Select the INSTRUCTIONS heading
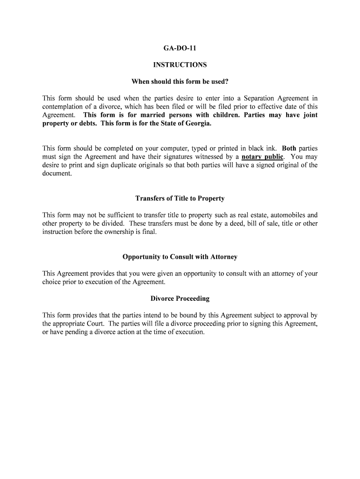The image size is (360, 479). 180,65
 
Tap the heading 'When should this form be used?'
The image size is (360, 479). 180,82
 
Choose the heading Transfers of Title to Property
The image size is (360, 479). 180,198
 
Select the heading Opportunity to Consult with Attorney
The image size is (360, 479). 180,257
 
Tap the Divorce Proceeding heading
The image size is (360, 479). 180,298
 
